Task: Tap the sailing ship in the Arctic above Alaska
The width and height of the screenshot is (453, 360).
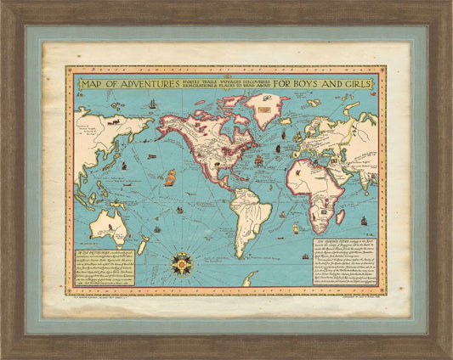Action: [152, 104]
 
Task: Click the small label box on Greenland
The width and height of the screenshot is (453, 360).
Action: [272, 108]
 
